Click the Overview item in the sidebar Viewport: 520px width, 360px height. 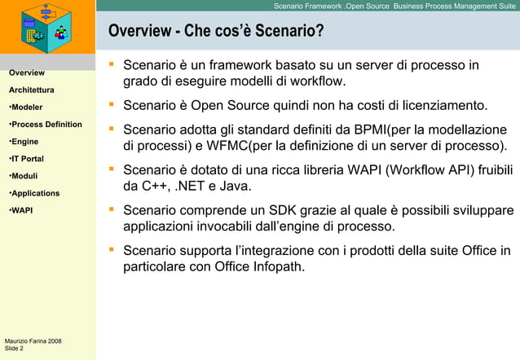pyautogui.click(x=26, y=73)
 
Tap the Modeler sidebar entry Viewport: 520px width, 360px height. pyautogui.click(x=27, y=108)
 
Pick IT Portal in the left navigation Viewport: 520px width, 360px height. pyautogui.click(x=26, y=159)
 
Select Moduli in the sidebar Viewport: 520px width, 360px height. pyautogui.click(x=24, y=176)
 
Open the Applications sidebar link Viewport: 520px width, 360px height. pyautogui.click(x=33, y=193)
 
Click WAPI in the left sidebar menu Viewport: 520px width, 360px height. pyautogui.click(x=21, y=210)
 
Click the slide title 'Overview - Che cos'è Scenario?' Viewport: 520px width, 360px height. pyautogui.click(x=216, y=32)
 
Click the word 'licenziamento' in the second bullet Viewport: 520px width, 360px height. pyautogui.click(x=445, y=106)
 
